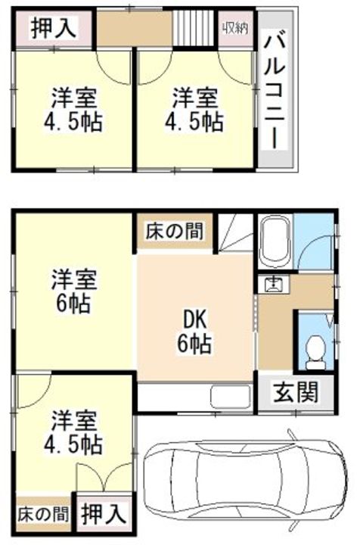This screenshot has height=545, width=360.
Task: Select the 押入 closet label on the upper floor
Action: [x=54, y=29]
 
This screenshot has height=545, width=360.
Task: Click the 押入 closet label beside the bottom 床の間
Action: [x=103, y=515]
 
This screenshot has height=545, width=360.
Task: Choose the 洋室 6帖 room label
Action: [x=73, y=291]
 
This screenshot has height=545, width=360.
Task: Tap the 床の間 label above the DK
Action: [x=174, y=232]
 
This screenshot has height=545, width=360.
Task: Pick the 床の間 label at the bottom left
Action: [x=42, y=515]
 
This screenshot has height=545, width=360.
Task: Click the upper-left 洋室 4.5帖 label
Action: [x=76, y=109]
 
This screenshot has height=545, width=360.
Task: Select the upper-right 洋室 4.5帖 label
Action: [x=195, y=109]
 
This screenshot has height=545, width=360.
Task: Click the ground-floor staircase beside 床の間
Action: [x=236, y=232]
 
